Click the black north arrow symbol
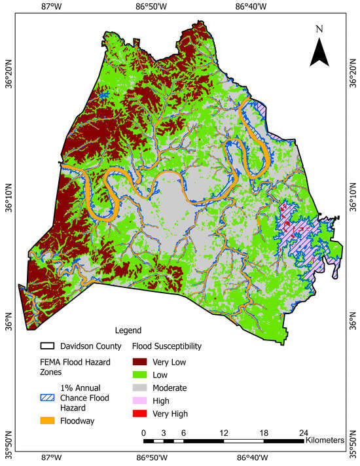(x=319, y=51)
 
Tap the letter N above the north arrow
(x=319, y=29)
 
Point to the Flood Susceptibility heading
(x=166, y=345)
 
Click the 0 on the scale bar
(x=144, y=433)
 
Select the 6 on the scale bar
(x=184, y=433)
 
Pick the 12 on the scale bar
(x=224, y=433)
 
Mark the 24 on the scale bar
(x=303, y=433)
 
